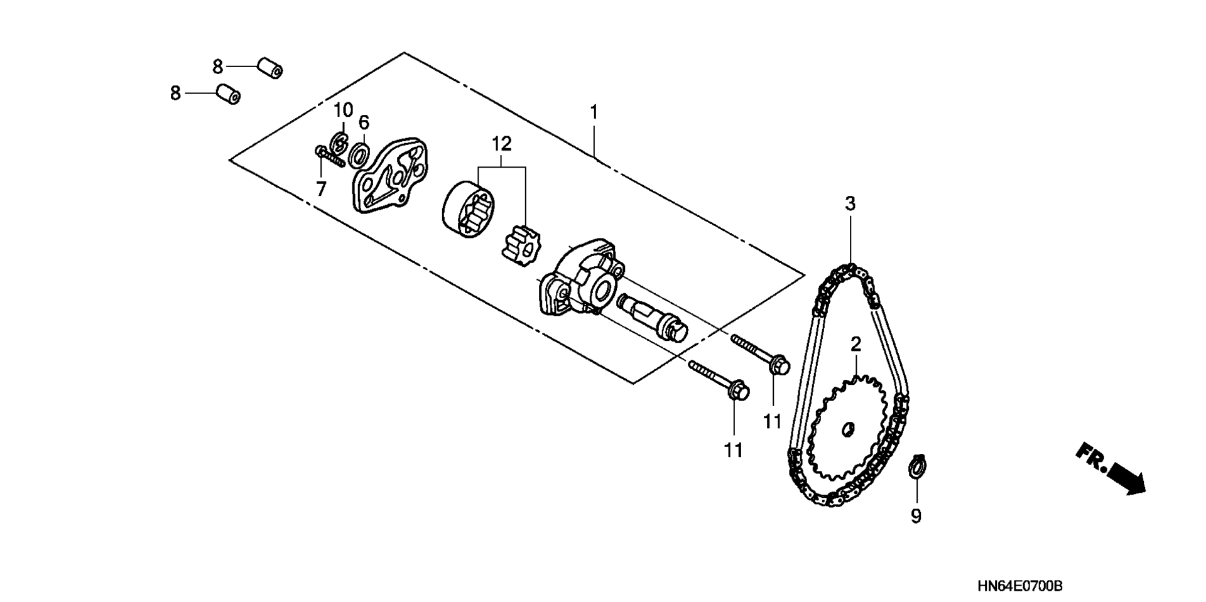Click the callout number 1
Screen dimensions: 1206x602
[594, 113]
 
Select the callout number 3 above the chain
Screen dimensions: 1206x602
[850, 203]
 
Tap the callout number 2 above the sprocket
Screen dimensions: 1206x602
[856, 344]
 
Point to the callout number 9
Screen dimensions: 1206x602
[916, 517]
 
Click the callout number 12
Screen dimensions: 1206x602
[501, 144]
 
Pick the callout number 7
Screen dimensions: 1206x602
[321, 188]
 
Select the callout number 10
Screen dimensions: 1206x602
[343, 110]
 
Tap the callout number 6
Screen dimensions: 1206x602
[364, 122]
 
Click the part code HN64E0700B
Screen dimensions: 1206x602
[1019, 586]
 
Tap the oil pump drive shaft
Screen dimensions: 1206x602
[653, 317]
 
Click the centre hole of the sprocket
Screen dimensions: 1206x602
[848, 428]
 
